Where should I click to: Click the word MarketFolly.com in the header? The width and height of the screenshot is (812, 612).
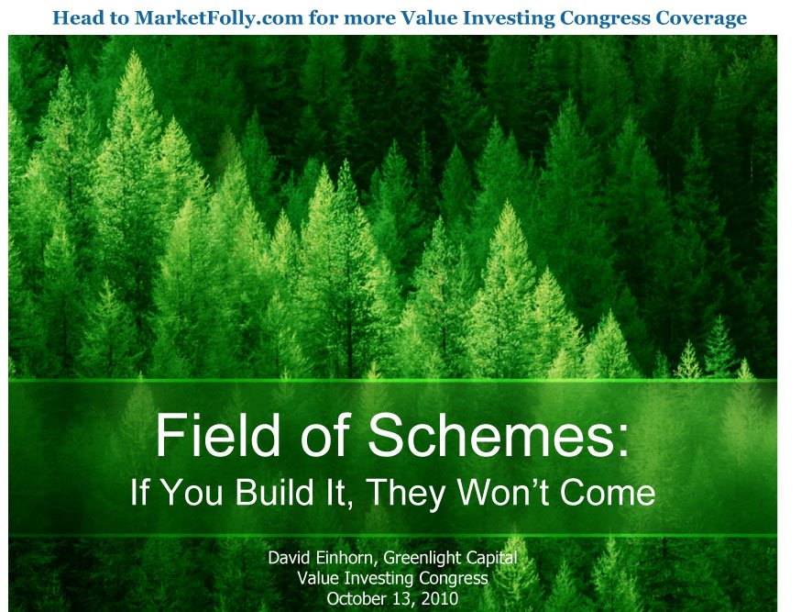point(218,18)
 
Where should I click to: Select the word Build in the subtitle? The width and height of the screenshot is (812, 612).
point(274,492)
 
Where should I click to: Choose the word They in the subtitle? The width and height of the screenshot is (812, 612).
point(407,493)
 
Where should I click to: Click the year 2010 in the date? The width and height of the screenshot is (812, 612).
point(440,598)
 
